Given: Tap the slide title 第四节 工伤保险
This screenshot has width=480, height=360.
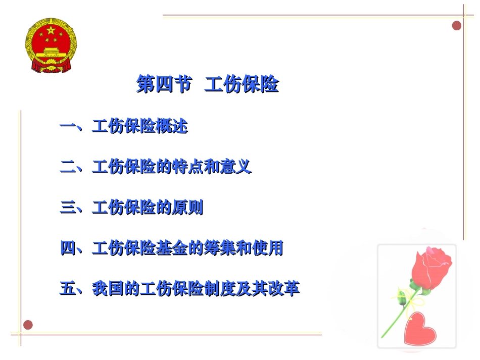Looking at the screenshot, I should (x=208, y=85).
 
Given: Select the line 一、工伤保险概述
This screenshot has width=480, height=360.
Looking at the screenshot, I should (x=124, y=126).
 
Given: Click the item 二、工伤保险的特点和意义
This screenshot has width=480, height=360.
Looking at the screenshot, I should (x=156, y=167).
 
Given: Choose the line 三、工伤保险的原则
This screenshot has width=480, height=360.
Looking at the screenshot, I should (x=131, y=208).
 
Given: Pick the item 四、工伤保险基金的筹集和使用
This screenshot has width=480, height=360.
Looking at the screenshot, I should (x=171, y=248).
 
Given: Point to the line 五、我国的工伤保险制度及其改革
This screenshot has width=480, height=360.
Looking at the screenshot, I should (x=179, y=289).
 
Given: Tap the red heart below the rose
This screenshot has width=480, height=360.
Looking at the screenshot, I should (x=420, y=328).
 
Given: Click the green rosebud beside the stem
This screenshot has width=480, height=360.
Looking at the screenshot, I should (x=402, y=297).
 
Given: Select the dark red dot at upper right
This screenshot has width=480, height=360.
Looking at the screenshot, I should (x=457, y=25).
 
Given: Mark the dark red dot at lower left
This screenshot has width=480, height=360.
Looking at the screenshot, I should (x=28, y=325).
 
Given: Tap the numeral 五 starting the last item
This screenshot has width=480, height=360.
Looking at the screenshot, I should (x=67, y=289).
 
